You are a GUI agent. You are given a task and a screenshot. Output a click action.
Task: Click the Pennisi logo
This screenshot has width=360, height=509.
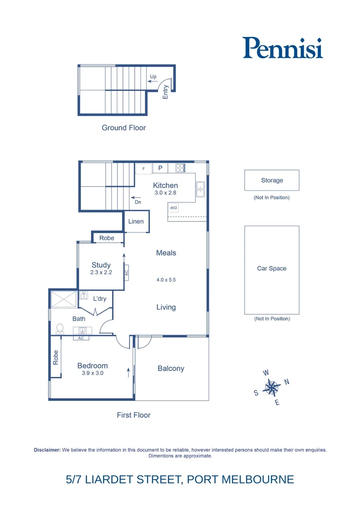tap(283, 48)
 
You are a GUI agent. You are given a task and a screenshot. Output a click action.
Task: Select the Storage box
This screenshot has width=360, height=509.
tap(272, 180)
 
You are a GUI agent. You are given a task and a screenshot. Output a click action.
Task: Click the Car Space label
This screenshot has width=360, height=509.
tap(272, 269)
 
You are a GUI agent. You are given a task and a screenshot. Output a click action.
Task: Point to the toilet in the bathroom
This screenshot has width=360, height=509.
tap(60, 328)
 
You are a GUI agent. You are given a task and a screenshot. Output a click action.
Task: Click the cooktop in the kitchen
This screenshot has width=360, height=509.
tap(180, 167)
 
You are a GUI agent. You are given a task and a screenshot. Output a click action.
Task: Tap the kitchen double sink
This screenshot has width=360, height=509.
tap(200, 189)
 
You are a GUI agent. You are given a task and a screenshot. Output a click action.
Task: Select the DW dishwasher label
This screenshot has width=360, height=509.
tap(173, 208)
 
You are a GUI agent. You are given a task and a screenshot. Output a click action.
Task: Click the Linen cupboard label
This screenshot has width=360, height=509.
tap(136, 222)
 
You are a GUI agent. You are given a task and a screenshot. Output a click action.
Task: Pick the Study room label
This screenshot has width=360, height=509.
tap(101, 265)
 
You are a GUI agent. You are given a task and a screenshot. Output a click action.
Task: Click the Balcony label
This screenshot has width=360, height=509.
tap(171, 369)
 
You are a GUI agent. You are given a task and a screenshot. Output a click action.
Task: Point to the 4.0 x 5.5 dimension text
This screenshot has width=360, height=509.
tap(166, 280)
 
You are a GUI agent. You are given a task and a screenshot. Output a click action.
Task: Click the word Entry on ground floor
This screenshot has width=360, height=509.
tap(165, 91)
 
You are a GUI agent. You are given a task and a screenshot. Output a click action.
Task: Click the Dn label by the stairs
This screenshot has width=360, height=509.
tap(138, 202)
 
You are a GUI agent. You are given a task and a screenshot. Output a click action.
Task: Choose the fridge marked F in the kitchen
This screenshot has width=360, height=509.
tap(144, 168)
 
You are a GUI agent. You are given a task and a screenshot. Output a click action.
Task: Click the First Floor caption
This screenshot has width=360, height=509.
tap(133, 415)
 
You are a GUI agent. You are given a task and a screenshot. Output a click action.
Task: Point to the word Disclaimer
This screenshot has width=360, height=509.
tap(47, 450)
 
